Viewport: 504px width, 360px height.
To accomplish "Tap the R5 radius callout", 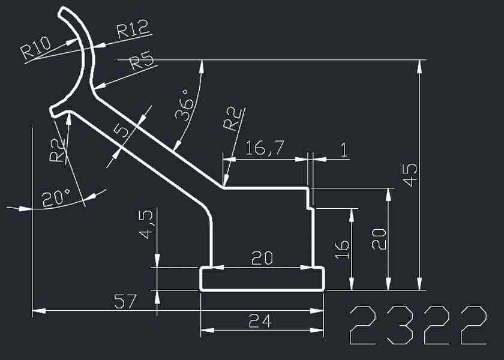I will (x=142, y=62).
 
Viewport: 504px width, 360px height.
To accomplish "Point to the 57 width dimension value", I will (x=126, y=301).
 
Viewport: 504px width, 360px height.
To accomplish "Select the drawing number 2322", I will (x=418, y=325).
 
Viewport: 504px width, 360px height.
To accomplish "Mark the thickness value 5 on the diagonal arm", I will (x=124, y=131).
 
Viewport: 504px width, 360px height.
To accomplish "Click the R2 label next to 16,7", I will (x=233, y=119).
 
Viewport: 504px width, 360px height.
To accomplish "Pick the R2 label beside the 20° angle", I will (x=56, y=149).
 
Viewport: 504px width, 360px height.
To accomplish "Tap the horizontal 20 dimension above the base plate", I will (x=262, y=259).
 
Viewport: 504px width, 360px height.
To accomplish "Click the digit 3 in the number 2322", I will (x=399, y=325).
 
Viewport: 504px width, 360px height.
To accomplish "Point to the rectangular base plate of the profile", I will (x=262, y=279).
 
